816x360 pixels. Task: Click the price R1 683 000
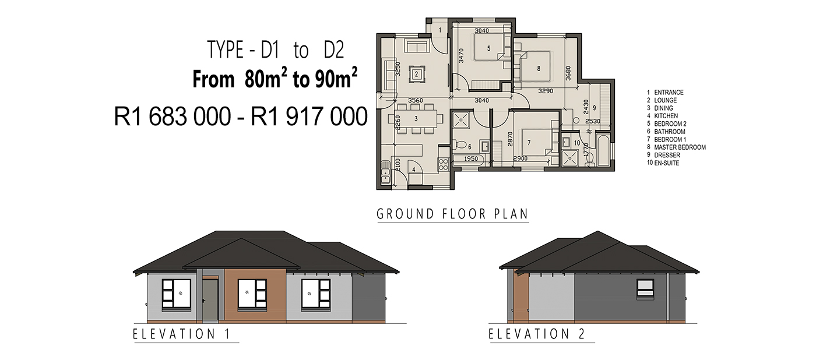[x=173, y=117]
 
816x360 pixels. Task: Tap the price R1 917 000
[x=309, y=117]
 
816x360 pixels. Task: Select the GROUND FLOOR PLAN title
[x=452, y=214]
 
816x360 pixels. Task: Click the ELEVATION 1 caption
[x=182, y=334]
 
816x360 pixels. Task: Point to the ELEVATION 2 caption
[x=537, y=334]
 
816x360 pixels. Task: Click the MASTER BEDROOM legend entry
[x=680, y=147]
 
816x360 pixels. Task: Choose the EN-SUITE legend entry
[x=667, y=163]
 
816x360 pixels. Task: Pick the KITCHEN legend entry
[x=666, y=116]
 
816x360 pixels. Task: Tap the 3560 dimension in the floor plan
[x=415, y=100]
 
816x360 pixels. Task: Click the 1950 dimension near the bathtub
[x=471, y=158]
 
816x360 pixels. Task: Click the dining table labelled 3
[x=416, y=119]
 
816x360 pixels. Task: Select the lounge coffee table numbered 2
[x=416, y=75]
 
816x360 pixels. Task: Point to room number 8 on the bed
[x=539, y=68]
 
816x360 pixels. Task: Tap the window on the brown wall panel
[x=252, y=294]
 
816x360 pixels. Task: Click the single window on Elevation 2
[x=645, y=290]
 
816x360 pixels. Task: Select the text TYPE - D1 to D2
[x=276, y=50]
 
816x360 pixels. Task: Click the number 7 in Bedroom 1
[x=529, y=143]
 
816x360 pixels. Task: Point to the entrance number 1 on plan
[x=440, y=30]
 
